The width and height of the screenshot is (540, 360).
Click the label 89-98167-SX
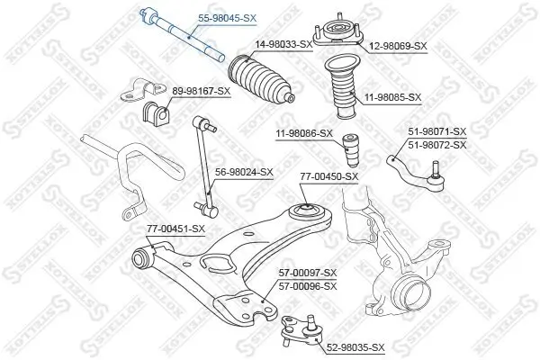[201, 91]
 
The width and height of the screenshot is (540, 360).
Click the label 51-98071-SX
[437, 131]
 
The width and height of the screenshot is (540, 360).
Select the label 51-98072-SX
[437, 144]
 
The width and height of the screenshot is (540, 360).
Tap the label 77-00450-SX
[328, 176]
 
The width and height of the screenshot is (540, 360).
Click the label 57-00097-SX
[306, 273]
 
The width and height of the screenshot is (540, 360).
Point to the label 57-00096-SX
[306, 285]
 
